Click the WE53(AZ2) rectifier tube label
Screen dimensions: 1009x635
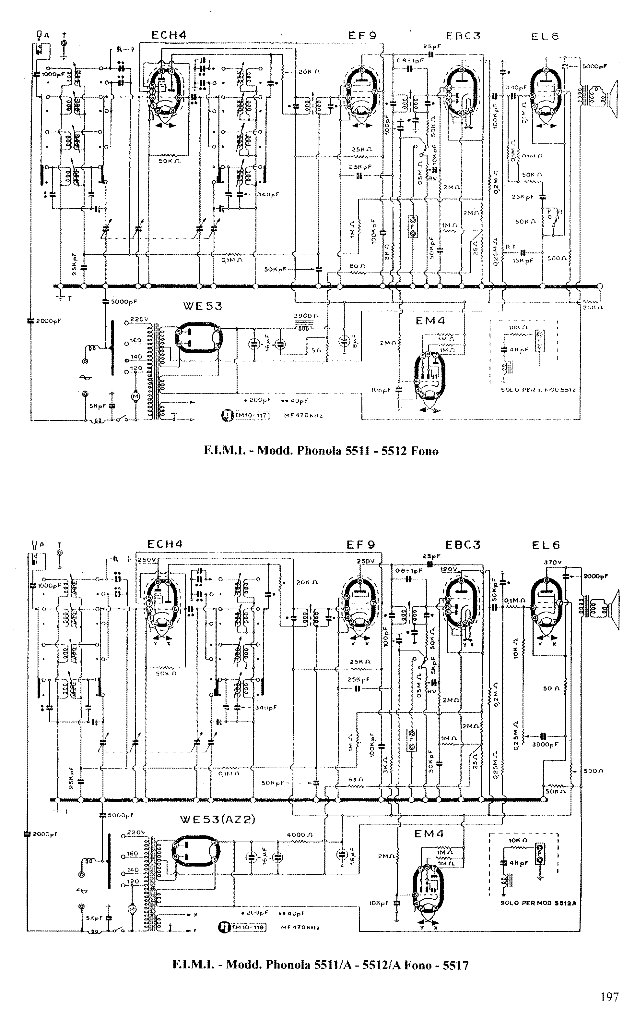[x=217, y=819]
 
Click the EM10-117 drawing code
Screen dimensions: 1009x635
[x=250, y=415]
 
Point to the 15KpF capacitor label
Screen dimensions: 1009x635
[x=523, y=261]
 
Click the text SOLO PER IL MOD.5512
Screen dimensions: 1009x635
[x=538, y=389]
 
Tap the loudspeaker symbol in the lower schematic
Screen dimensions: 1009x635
[x=613, y=609]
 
